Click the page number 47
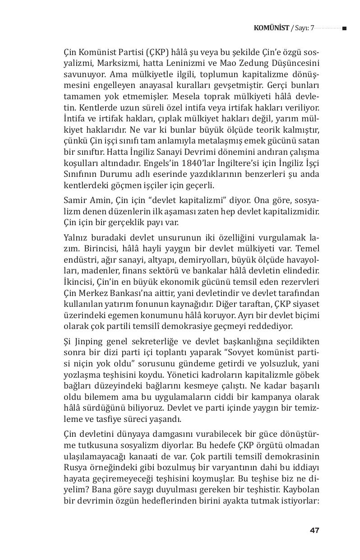tap(314, 530)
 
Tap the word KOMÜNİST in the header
tap(272, 28)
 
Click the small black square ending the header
tap(344, 28)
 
